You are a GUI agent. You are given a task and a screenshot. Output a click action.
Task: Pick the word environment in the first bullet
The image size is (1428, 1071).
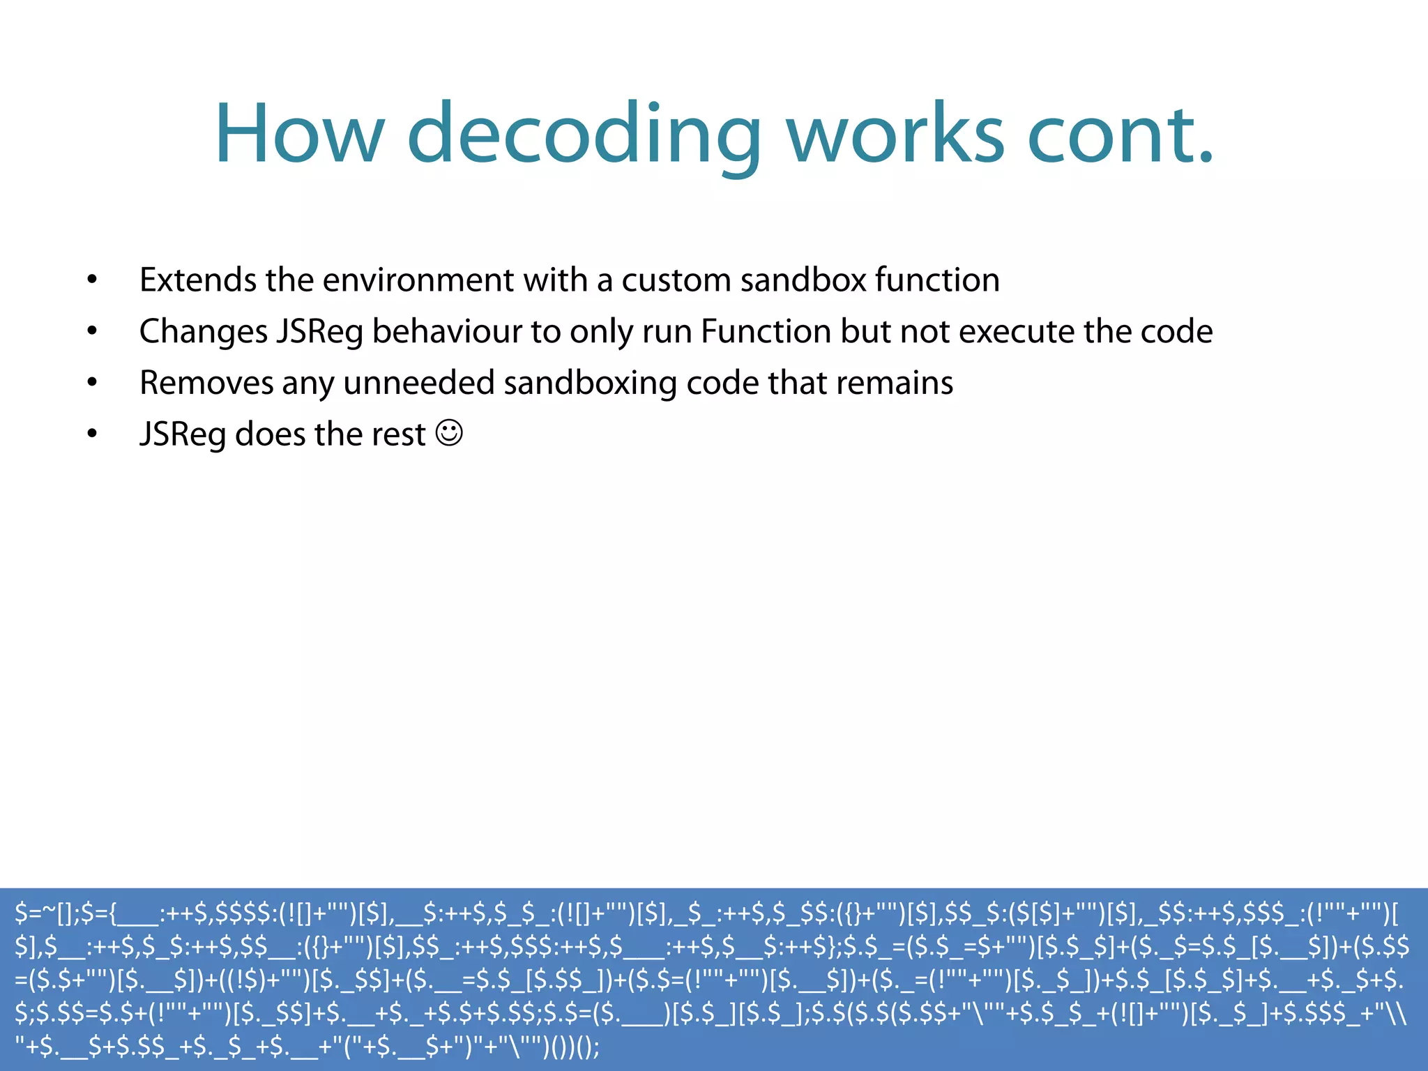coord(418,280)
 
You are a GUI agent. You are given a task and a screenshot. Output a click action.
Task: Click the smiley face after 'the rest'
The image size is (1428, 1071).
coord(449,433)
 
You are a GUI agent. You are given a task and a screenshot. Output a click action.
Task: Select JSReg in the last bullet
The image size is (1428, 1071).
coord(183,434)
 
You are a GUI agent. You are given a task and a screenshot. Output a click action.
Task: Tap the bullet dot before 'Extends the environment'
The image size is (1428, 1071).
coord(92,280)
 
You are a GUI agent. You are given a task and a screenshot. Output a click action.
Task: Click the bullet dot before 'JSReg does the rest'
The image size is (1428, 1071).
coord(92,434)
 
